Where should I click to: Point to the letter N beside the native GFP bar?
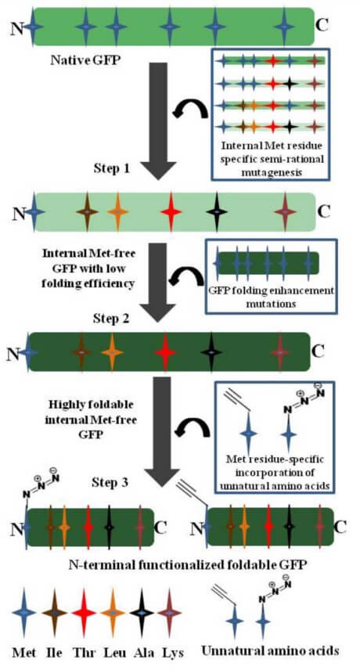click(16, 28)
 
